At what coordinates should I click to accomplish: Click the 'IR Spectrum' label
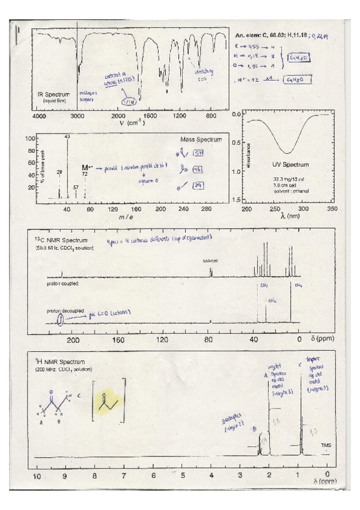click(53, 94)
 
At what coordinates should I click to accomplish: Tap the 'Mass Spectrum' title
click(201, 140)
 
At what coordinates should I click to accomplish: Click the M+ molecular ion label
click(85, 167)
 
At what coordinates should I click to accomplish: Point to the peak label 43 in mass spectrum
click(67, 137)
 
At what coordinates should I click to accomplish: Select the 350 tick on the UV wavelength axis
click(332, 209)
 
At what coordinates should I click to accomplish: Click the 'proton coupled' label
click(62, 281)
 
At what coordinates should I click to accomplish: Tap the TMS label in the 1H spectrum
click(326, 446)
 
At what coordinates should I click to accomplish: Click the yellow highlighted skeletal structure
click(109, 400)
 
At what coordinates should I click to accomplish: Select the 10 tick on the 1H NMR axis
click(37, 475)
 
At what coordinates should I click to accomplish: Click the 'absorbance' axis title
click(248, 156)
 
